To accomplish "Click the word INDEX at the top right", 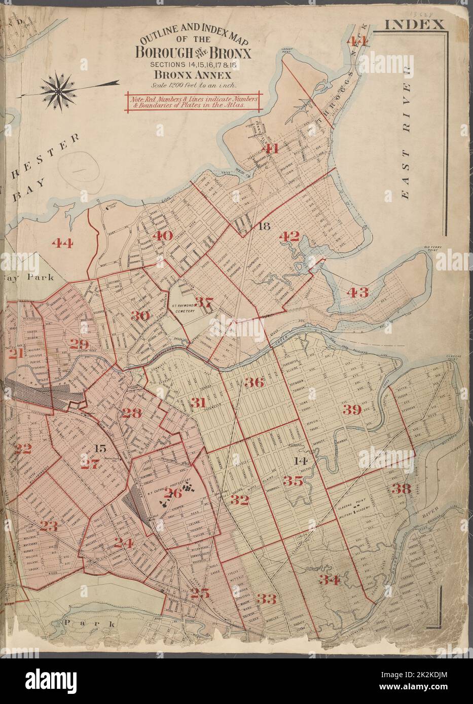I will point(415,24).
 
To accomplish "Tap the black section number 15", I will point(100,448).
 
